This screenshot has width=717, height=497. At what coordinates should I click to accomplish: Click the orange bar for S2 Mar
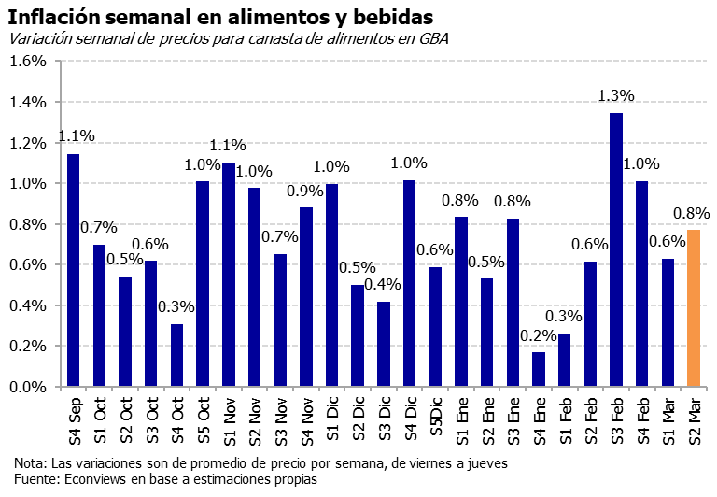[694, 308]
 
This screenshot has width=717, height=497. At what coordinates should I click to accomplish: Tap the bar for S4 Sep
[73, 270]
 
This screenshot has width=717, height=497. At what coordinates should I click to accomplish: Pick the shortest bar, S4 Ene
[539, 369]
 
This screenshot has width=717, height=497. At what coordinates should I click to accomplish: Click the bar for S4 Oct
[176, 355]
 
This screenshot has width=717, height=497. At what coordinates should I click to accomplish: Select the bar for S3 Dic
[383, 344]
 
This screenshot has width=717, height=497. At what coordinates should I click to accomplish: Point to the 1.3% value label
[616, 95]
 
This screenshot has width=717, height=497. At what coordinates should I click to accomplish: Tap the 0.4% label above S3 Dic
[383, 284]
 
